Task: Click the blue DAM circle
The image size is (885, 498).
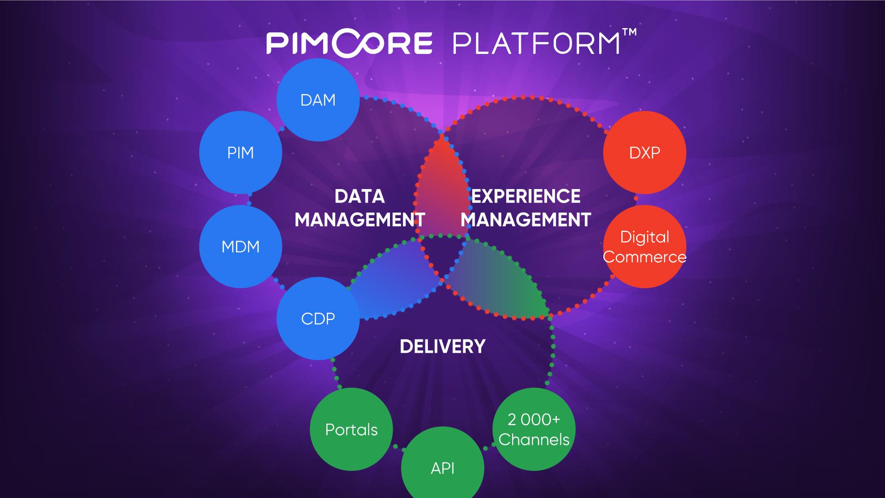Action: [318, 100]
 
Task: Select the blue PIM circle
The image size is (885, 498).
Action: [241, 152]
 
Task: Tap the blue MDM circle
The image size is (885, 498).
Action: [241, 247]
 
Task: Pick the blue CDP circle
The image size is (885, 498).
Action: [318, 318]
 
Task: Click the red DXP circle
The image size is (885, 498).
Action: [644, 152]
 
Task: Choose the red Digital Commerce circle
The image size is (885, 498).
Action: [644, 247]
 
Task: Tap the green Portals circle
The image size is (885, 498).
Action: [351, 430]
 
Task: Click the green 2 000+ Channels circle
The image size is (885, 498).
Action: [534, 430]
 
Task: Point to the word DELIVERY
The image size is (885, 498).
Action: [442, 346]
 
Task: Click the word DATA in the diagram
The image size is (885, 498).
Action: [360, 196]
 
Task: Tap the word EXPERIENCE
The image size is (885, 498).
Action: [526, 196]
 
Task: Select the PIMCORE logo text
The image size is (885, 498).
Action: [349, 43]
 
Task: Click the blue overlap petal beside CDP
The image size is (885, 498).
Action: [392, 281]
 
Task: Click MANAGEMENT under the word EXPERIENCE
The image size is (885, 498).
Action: [526, 220]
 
